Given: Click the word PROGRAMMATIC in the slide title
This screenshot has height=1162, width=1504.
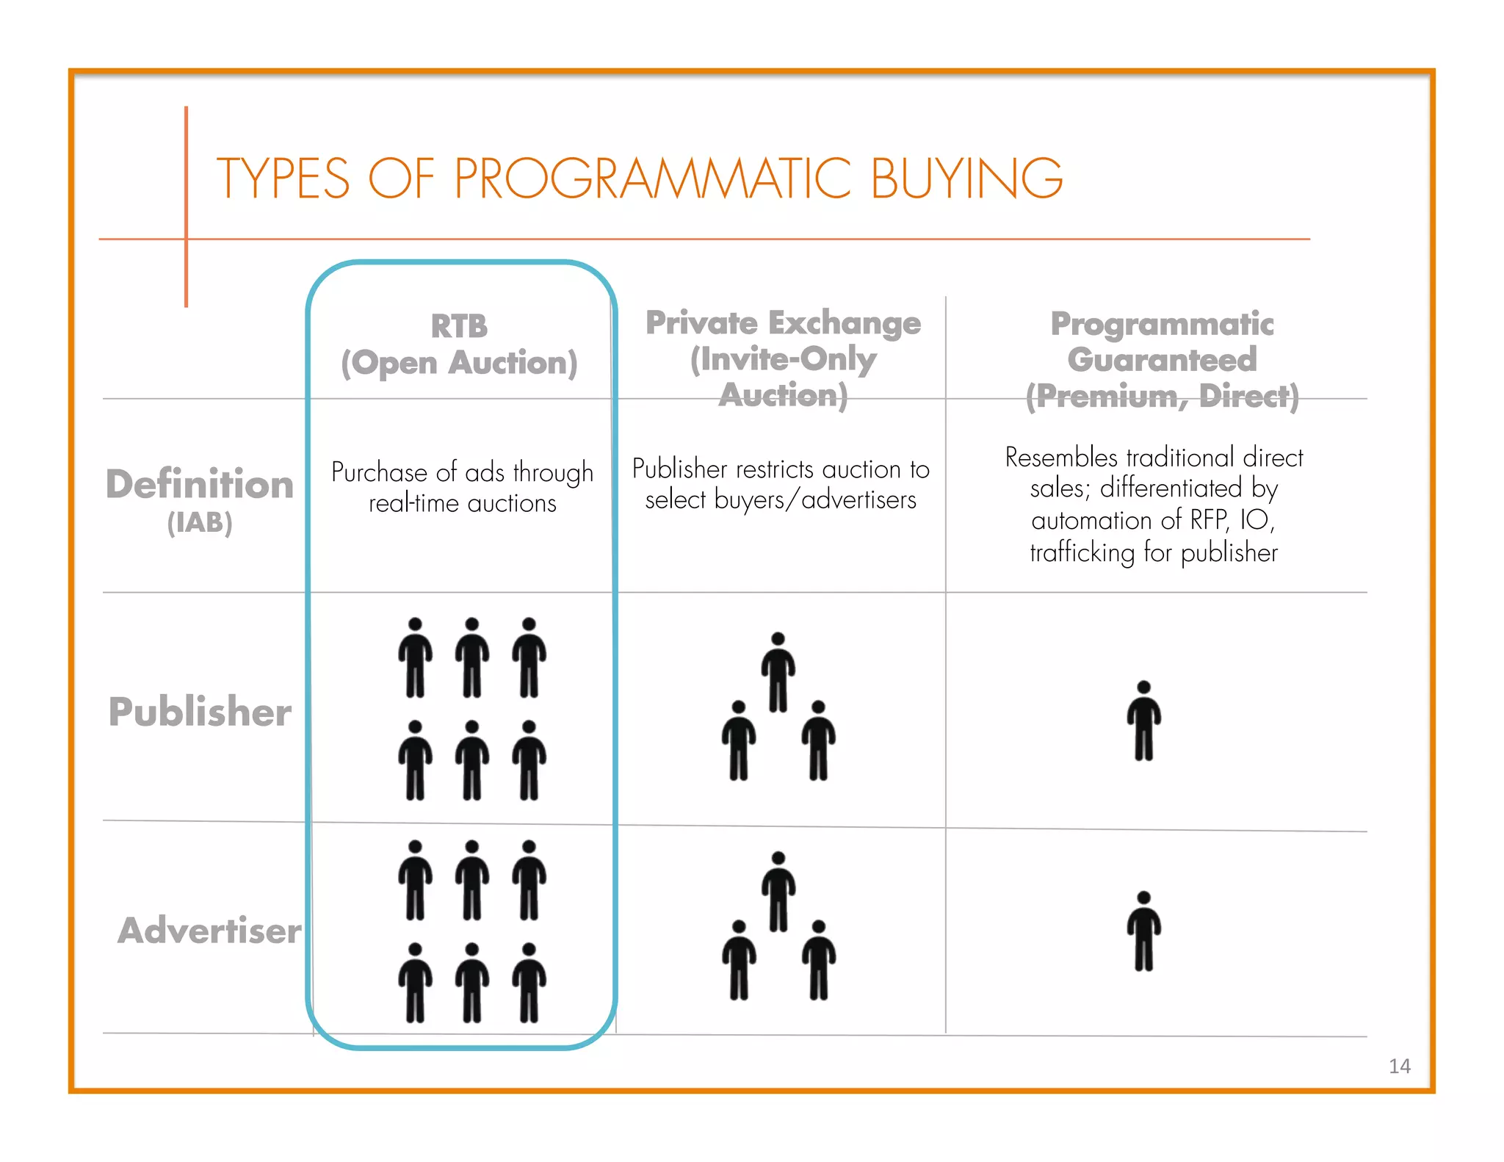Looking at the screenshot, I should click(x=652, y=178).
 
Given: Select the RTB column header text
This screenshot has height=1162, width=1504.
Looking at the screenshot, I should click(x=459, y=326).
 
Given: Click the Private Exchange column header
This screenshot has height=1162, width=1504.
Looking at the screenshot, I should click(x=783, y=323).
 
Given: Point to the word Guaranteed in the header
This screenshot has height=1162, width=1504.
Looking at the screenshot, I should click(x=1162, y=360).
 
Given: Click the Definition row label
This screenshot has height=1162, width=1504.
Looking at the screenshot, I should click(x=200, y=485).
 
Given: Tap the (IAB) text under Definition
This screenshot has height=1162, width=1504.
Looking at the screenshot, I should click(x=200, y=523).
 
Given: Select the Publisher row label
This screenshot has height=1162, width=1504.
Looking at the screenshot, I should click(x=200, y=712).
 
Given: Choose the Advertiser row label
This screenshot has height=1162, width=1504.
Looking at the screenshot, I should click(x=209, y=931).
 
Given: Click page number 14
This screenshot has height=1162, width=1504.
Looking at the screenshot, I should click(x=1399, y=1066).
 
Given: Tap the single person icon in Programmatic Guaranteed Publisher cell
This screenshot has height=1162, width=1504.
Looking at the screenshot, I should click(x=1143, y=721).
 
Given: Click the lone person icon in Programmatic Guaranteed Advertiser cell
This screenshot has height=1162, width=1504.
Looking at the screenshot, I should click(x=1143, y=931).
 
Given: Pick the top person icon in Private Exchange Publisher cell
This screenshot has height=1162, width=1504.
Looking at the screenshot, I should click(x=778, y=672).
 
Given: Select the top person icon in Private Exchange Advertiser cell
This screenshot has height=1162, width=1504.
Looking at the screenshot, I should click(x=778, y=892).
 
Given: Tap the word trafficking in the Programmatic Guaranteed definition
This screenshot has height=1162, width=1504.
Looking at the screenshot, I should click(x=1082, y=552).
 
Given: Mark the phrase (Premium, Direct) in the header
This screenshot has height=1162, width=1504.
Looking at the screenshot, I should click(x=1162, y=396).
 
